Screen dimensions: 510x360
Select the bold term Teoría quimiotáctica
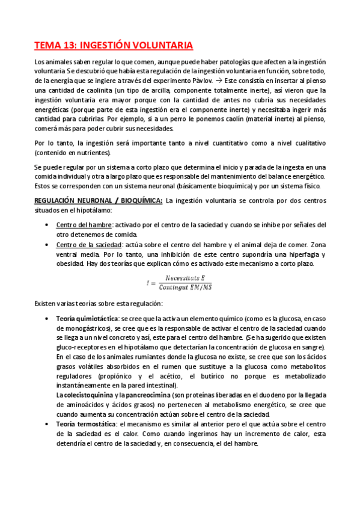coord(87,318)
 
